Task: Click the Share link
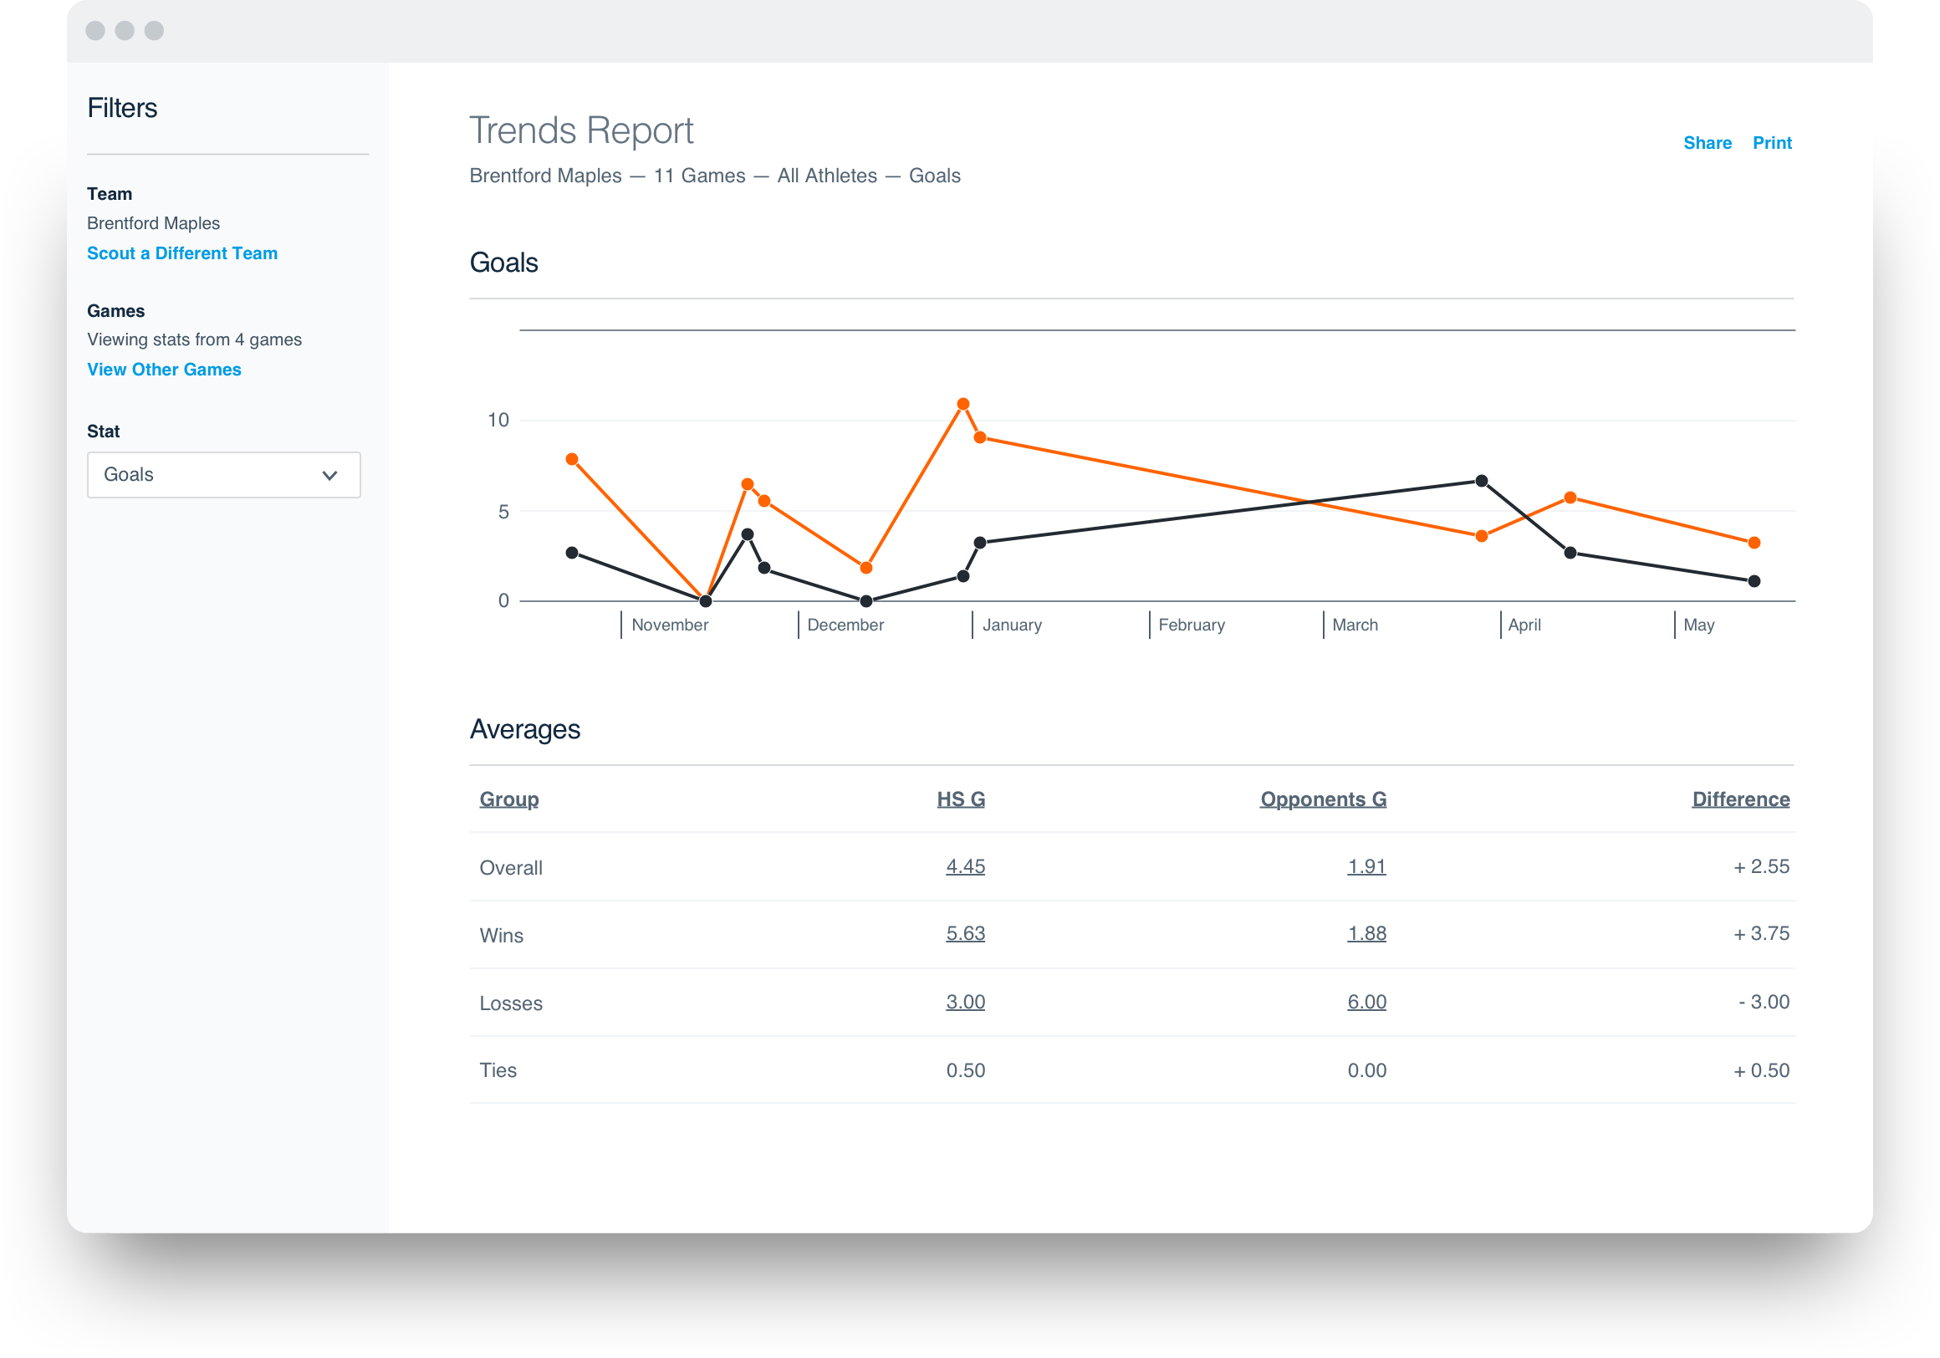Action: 1707,143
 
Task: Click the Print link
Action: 1772,143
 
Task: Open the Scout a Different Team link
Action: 181,253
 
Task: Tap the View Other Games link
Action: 164,370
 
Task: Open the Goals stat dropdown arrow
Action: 329,475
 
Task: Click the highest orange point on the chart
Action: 962,404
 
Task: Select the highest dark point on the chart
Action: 1481,481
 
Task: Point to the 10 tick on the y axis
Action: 498,420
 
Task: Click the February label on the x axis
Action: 1191,625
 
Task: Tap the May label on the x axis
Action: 1698,625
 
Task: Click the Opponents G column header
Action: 1322,799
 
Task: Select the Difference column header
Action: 1740,799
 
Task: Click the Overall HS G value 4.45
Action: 965,866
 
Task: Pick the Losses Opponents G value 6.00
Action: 1366,1002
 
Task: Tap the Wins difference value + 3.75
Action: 1761,934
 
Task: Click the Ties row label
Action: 498,1070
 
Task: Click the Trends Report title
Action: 580,131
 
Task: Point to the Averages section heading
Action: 524,729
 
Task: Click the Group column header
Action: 508,799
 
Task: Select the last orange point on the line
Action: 1754,543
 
